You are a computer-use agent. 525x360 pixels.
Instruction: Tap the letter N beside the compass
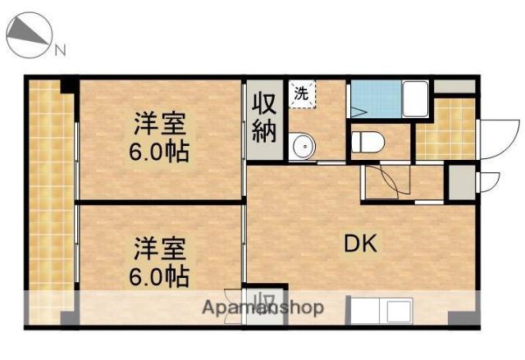[60, 52]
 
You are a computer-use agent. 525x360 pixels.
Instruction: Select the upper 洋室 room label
[160, 139]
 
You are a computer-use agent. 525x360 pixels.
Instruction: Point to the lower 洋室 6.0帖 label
[160, 261]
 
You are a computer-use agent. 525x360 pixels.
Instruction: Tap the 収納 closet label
[264, 118]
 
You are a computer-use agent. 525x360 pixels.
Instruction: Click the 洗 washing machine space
[302, 93]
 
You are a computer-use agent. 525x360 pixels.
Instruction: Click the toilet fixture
[367, 144]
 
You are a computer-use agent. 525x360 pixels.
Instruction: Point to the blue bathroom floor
[373, 101]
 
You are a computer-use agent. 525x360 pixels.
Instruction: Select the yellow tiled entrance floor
[446, 127]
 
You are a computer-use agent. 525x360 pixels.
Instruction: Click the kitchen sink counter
[386, 311]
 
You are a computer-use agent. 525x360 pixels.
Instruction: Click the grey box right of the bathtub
[454, 85]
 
